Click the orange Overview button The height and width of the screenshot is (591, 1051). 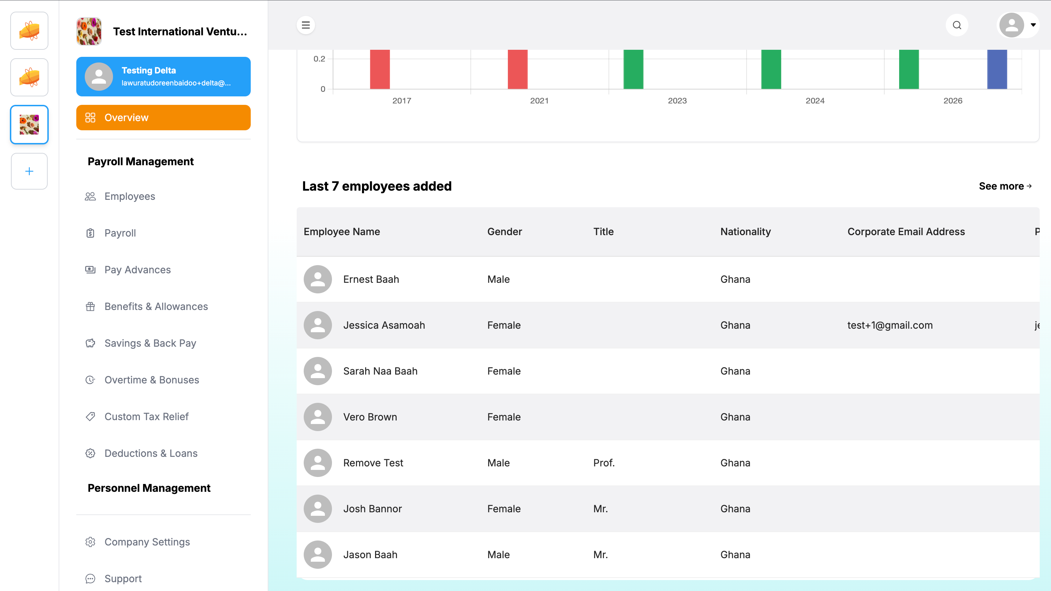point(163,118)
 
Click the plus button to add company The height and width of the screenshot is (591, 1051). point(29,171)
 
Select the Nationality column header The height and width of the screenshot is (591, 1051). point(746,232)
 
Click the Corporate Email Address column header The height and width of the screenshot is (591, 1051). point(906,232)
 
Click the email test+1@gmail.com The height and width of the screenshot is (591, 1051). point(890,325)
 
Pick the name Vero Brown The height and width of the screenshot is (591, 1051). point(370,417)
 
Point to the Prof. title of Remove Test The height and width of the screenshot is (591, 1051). point(604,463)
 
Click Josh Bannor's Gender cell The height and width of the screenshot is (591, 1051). point(504,509)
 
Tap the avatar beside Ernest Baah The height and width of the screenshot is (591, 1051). point(317,279)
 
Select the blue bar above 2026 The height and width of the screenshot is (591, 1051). point(997,69)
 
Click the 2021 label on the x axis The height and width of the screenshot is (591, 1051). point(539,101)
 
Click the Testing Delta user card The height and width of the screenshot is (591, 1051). point(163,77)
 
